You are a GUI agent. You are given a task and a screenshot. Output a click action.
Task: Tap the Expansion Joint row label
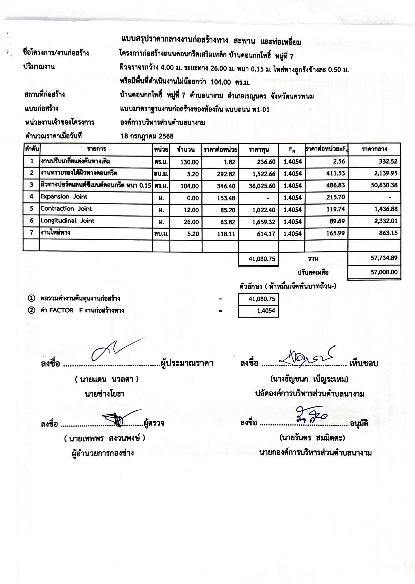pos(64,197)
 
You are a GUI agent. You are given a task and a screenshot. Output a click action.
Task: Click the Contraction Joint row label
pos(66,209)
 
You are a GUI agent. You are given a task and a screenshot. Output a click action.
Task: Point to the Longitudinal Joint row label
pos(67,221)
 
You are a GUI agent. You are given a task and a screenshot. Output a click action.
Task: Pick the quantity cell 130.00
pos(190,162)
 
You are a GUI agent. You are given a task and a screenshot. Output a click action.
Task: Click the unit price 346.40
pos(226,186)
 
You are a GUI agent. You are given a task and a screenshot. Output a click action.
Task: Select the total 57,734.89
pos(384,258)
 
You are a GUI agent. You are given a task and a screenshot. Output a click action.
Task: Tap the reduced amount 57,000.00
pos(384,272)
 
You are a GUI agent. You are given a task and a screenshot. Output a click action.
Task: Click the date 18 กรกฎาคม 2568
pos(147,136)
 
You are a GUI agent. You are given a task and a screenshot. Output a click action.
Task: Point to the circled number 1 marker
pos(31,299)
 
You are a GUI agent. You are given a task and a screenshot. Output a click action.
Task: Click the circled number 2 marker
pos(31,310)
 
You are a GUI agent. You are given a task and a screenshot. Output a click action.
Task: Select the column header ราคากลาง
pos(374,149)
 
